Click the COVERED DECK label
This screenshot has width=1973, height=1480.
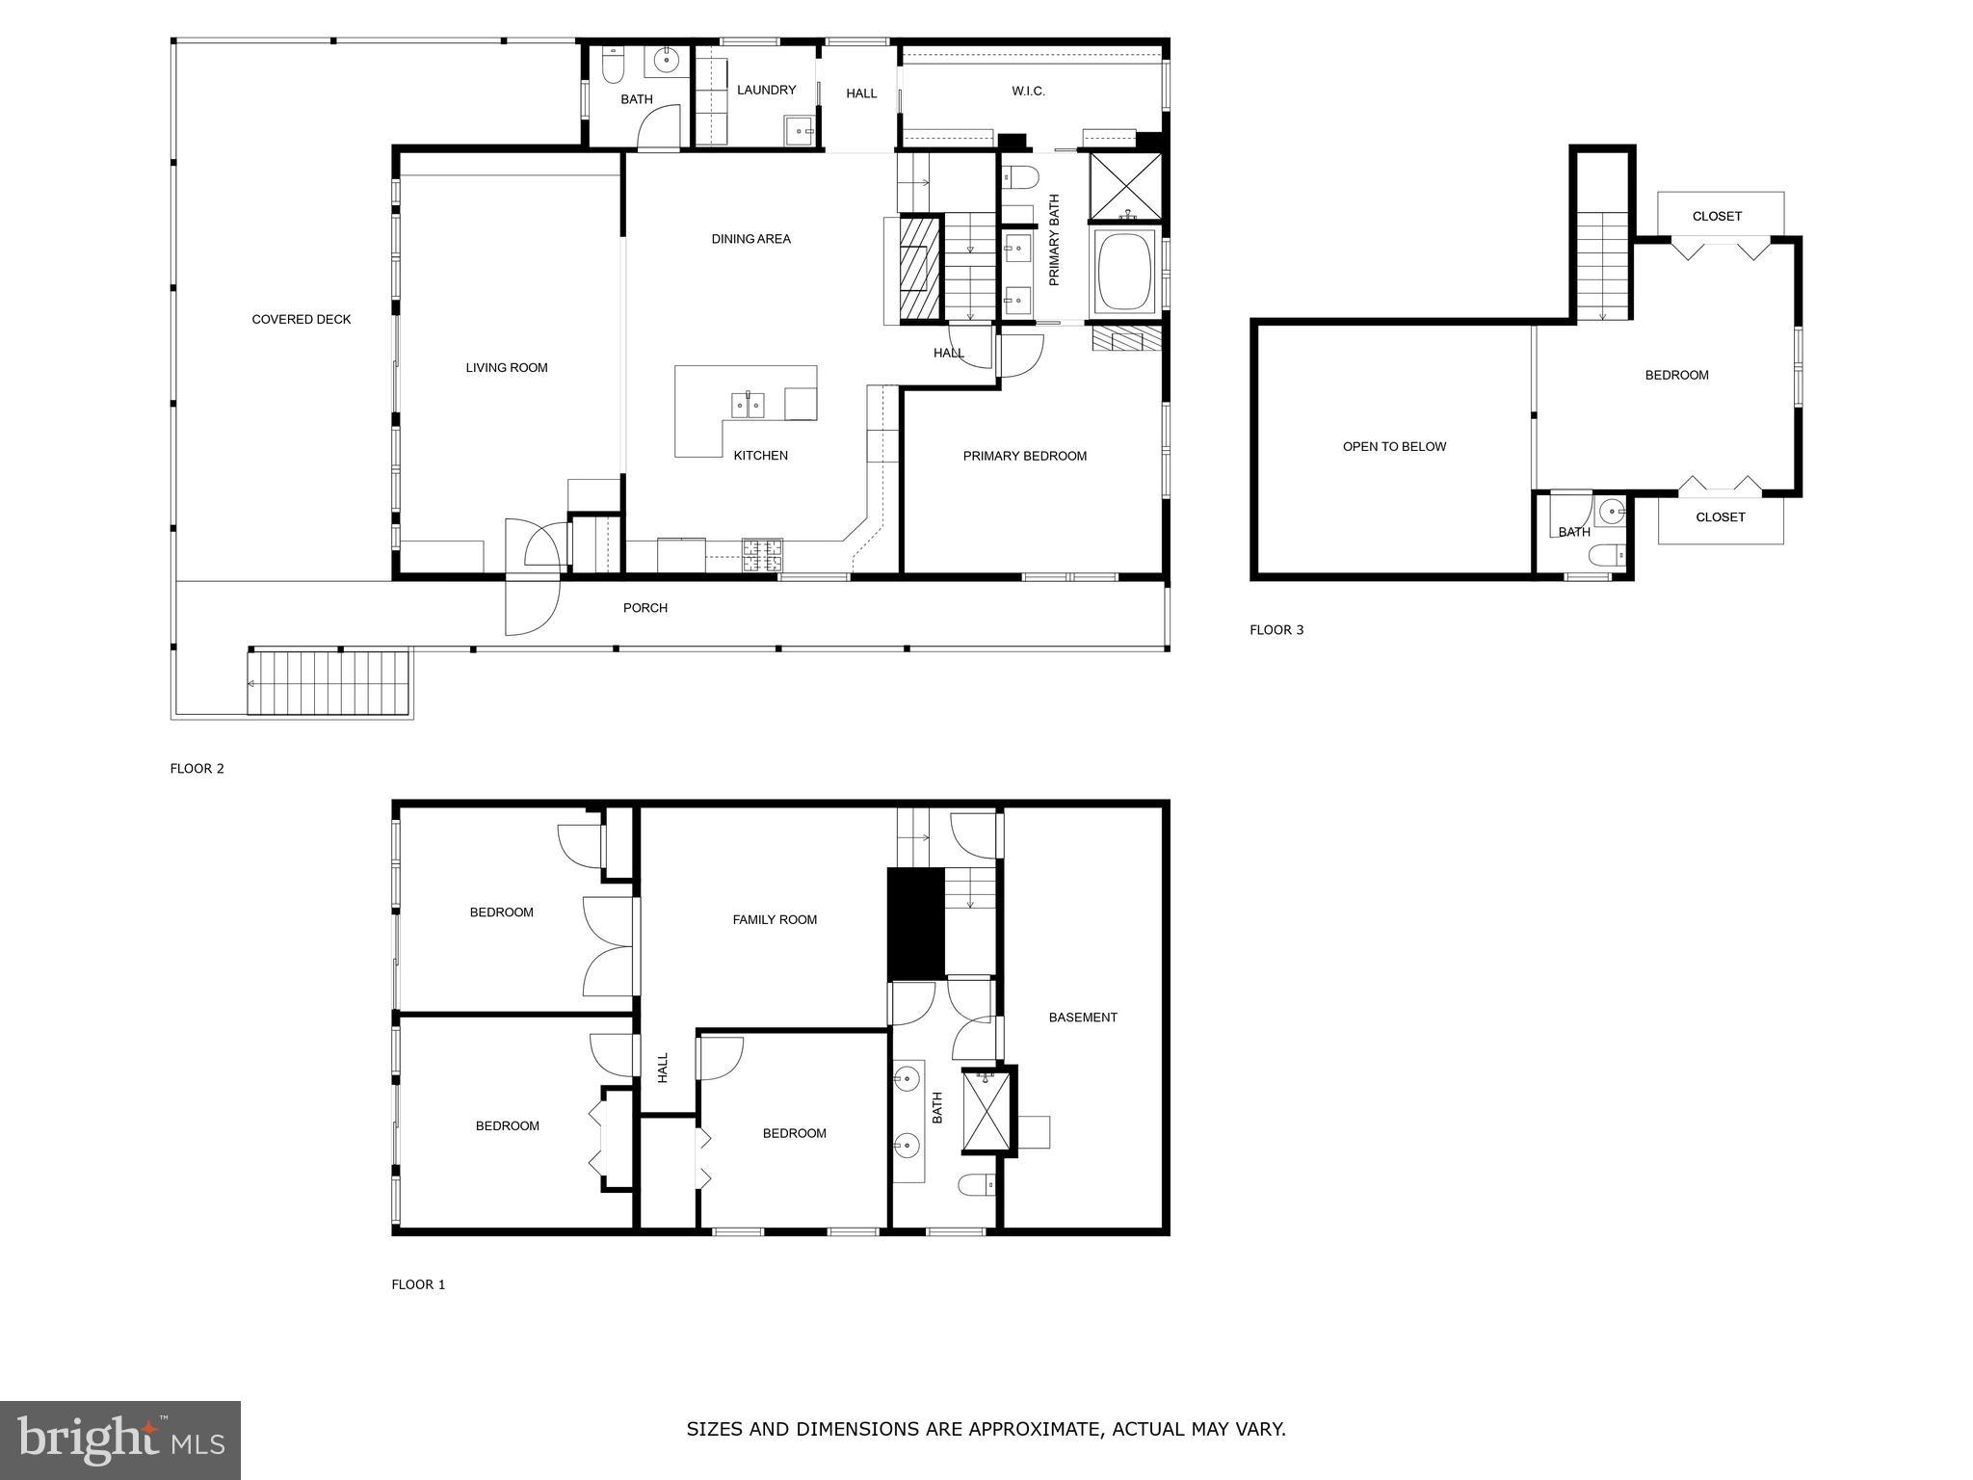[302, 320]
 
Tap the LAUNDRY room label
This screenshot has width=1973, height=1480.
[766, 91]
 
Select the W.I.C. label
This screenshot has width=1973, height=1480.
[1028, 92]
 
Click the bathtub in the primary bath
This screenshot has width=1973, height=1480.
[1124, 271]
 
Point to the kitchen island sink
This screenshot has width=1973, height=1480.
[748, 405]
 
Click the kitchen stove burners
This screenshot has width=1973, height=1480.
[762, 554]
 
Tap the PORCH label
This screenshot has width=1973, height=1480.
[645, 608]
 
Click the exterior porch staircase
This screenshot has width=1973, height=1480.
[329, 683]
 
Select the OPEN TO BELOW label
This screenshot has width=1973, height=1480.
[1394, 447]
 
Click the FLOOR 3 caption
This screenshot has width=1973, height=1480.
[1276, 630]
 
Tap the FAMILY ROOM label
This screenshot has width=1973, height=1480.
[775, 920]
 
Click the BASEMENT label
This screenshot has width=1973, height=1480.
[1083, 1017]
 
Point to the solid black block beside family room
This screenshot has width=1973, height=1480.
[915, 923]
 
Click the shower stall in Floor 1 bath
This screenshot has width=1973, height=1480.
[986, 1112]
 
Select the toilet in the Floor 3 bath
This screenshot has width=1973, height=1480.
[1607, 555]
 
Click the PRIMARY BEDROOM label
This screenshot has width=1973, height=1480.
[1025, 457]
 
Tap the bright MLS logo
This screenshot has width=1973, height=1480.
[120, 1440]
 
